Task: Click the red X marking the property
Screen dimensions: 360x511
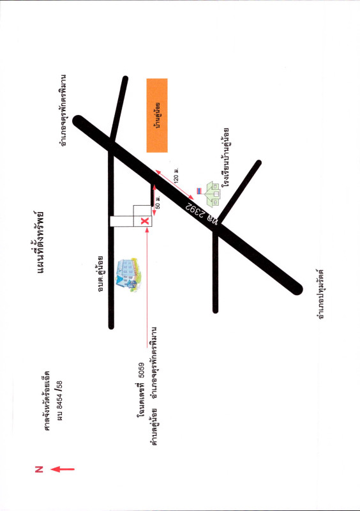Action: click(x=145, y=221)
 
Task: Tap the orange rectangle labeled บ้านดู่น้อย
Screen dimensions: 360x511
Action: click(x=157, y=116)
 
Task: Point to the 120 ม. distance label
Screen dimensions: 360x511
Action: click(x=176, y=175)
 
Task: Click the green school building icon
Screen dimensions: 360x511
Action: click(x=213, y=194)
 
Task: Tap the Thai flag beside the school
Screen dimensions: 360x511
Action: click(x=199, y=191)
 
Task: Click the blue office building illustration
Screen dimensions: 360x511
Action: click(x=130, y=275)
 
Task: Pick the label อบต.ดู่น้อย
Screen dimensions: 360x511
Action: click(x=101, y=273)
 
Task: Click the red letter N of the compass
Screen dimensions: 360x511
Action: click(x=39, y=469)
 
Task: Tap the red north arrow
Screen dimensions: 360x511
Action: click(x=63, y=469)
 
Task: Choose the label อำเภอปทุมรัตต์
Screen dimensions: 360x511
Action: click(x=322, y=294)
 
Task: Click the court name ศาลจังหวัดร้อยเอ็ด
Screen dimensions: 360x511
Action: click(x=48, y=400)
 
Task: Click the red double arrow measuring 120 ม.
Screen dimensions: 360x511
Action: click(x=174, y=185)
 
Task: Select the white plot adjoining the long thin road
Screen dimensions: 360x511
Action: click(x=121, y=221)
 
